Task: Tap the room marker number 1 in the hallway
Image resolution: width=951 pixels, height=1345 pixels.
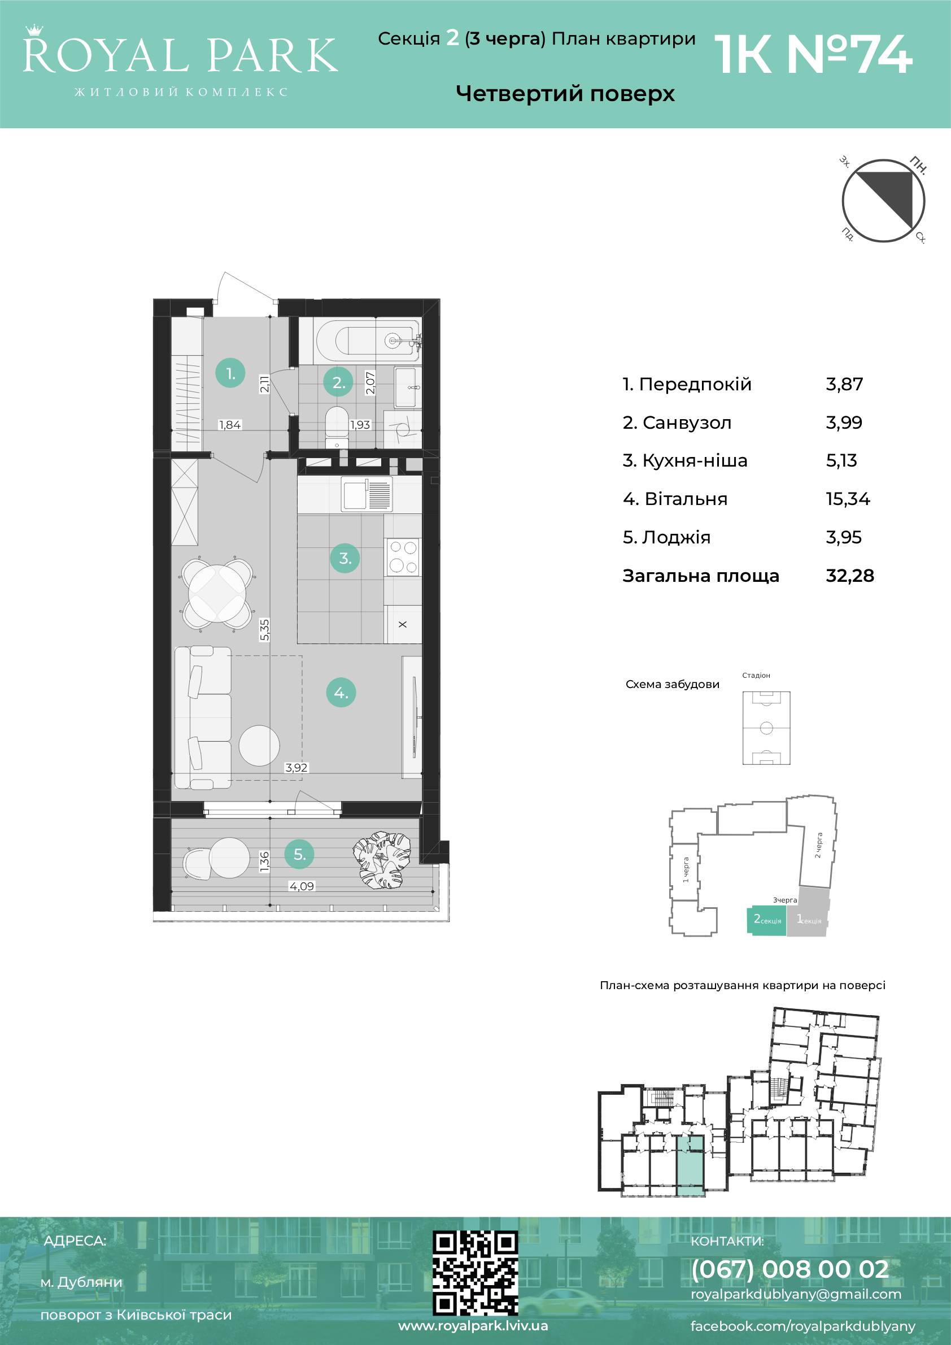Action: [230, 373]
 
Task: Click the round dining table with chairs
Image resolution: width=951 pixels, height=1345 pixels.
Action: [217, 594]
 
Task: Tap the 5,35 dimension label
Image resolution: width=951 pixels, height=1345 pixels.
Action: [265, 630]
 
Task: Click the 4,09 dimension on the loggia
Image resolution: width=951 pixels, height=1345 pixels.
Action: [302, 886]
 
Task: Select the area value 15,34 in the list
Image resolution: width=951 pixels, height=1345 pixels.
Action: [847, 499]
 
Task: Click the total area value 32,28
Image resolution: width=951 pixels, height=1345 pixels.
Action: [850, 576]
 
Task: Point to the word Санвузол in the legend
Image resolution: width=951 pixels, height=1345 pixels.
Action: [687, 423]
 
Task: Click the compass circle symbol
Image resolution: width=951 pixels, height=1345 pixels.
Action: [883, 201]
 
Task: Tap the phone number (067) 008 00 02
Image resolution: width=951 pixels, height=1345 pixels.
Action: [790, 1269]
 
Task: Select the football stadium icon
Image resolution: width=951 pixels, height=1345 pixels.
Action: [766, 728]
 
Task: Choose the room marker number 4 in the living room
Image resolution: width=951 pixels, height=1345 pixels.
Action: [341, 693]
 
